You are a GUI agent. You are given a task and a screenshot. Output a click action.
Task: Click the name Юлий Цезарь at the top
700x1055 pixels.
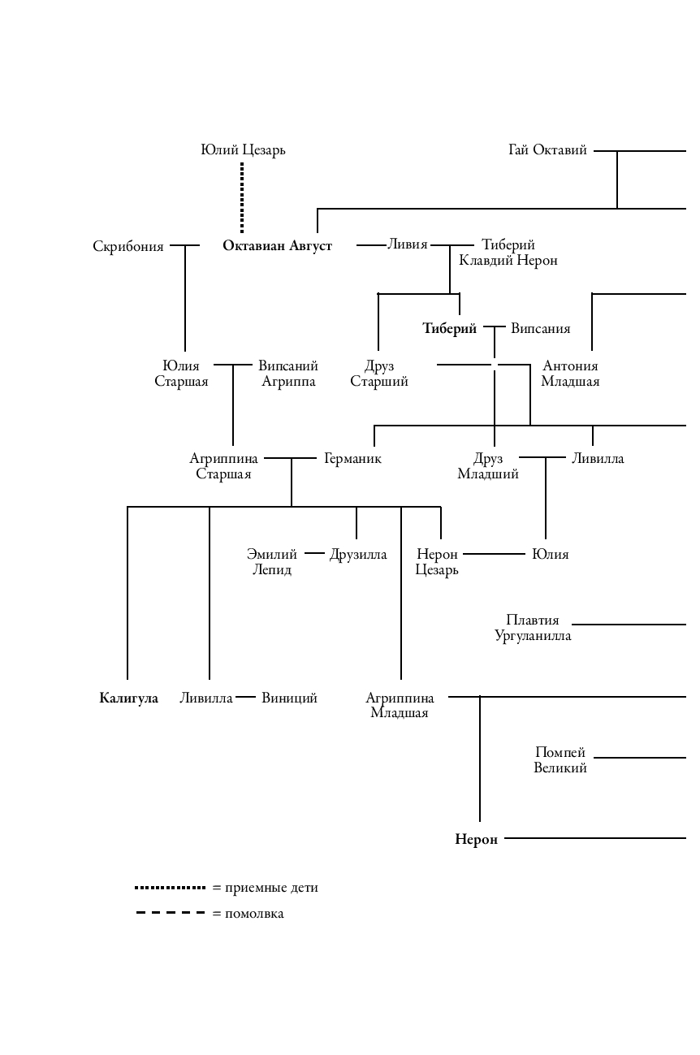tap(243, 150)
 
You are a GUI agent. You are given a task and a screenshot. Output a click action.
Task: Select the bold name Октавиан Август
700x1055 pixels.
tap(277, 246)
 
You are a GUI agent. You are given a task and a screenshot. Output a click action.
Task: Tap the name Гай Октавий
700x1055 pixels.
tap(547, 150)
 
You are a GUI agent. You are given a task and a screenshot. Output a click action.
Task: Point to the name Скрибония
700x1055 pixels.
tap(128, 246)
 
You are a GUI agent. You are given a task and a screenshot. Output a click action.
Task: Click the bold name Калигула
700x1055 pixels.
tap(128, 698)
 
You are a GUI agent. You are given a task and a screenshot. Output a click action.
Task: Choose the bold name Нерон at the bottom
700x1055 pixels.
tap(476, 840)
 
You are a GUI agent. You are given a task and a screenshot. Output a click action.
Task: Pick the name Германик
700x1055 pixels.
tap(352, 459)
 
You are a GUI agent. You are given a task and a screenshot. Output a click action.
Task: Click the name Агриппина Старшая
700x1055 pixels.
tap(223, 466)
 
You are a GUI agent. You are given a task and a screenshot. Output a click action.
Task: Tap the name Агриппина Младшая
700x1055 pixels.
tap(400, 706)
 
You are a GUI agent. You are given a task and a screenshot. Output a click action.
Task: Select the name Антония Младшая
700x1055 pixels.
tap(570, 374)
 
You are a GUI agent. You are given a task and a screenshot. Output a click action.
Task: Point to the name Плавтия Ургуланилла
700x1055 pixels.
tap(533, 628)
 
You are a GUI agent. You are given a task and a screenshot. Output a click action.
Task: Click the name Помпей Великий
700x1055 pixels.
tap(560, 760)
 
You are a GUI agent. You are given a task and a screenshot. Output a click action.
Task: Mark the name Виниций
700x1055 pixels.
tap(289, 698)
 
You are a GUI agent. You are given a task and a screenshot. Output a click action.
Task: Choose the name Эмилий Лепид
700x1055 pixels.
tap(272, 562)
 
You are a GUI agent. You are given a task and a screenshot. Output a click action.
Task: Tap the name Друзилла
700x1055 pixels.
tap(358, 555)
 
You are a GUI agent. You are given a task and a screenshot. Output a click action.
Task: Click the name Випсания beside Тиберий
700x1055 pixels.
tap(540, 329)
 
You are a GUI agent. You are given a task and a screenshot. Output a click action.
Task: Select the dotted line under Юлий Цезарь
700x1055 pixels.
tap(242, 197)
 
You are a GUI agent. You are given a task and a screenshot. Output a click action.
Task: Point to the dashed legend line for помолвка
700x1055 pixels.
tap(171, 914)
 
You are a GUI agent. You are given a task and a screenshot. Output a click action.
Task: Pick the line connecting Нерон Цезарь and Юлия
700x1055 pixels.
tap(494, 555)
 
